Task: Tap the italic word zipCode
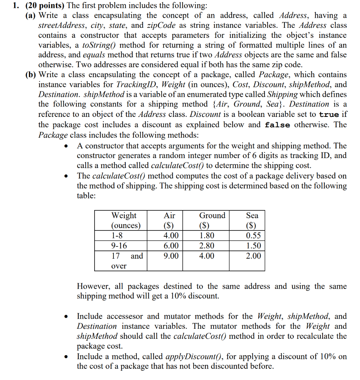click(x=161, y=25)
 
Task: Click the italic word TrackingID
click(x=134, y=84)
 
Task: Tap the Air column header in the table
click(x=169, y=215)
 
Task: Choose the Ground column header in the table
click(x=212, y=215)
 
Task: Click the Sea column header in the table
click(x=252, y=215)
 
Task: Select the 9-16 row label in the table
click(x=119, y=246)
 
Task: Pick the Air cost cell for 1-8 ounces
click(x=171, y=236)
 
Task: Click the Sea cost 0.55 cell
click(x=254, y=236)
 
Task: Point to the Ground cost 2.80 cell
click(x=207, y=246)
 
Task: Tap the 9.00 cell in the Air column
click(x=171, y=256)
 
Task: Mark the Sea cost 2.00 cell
click(x=254, y=256)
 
